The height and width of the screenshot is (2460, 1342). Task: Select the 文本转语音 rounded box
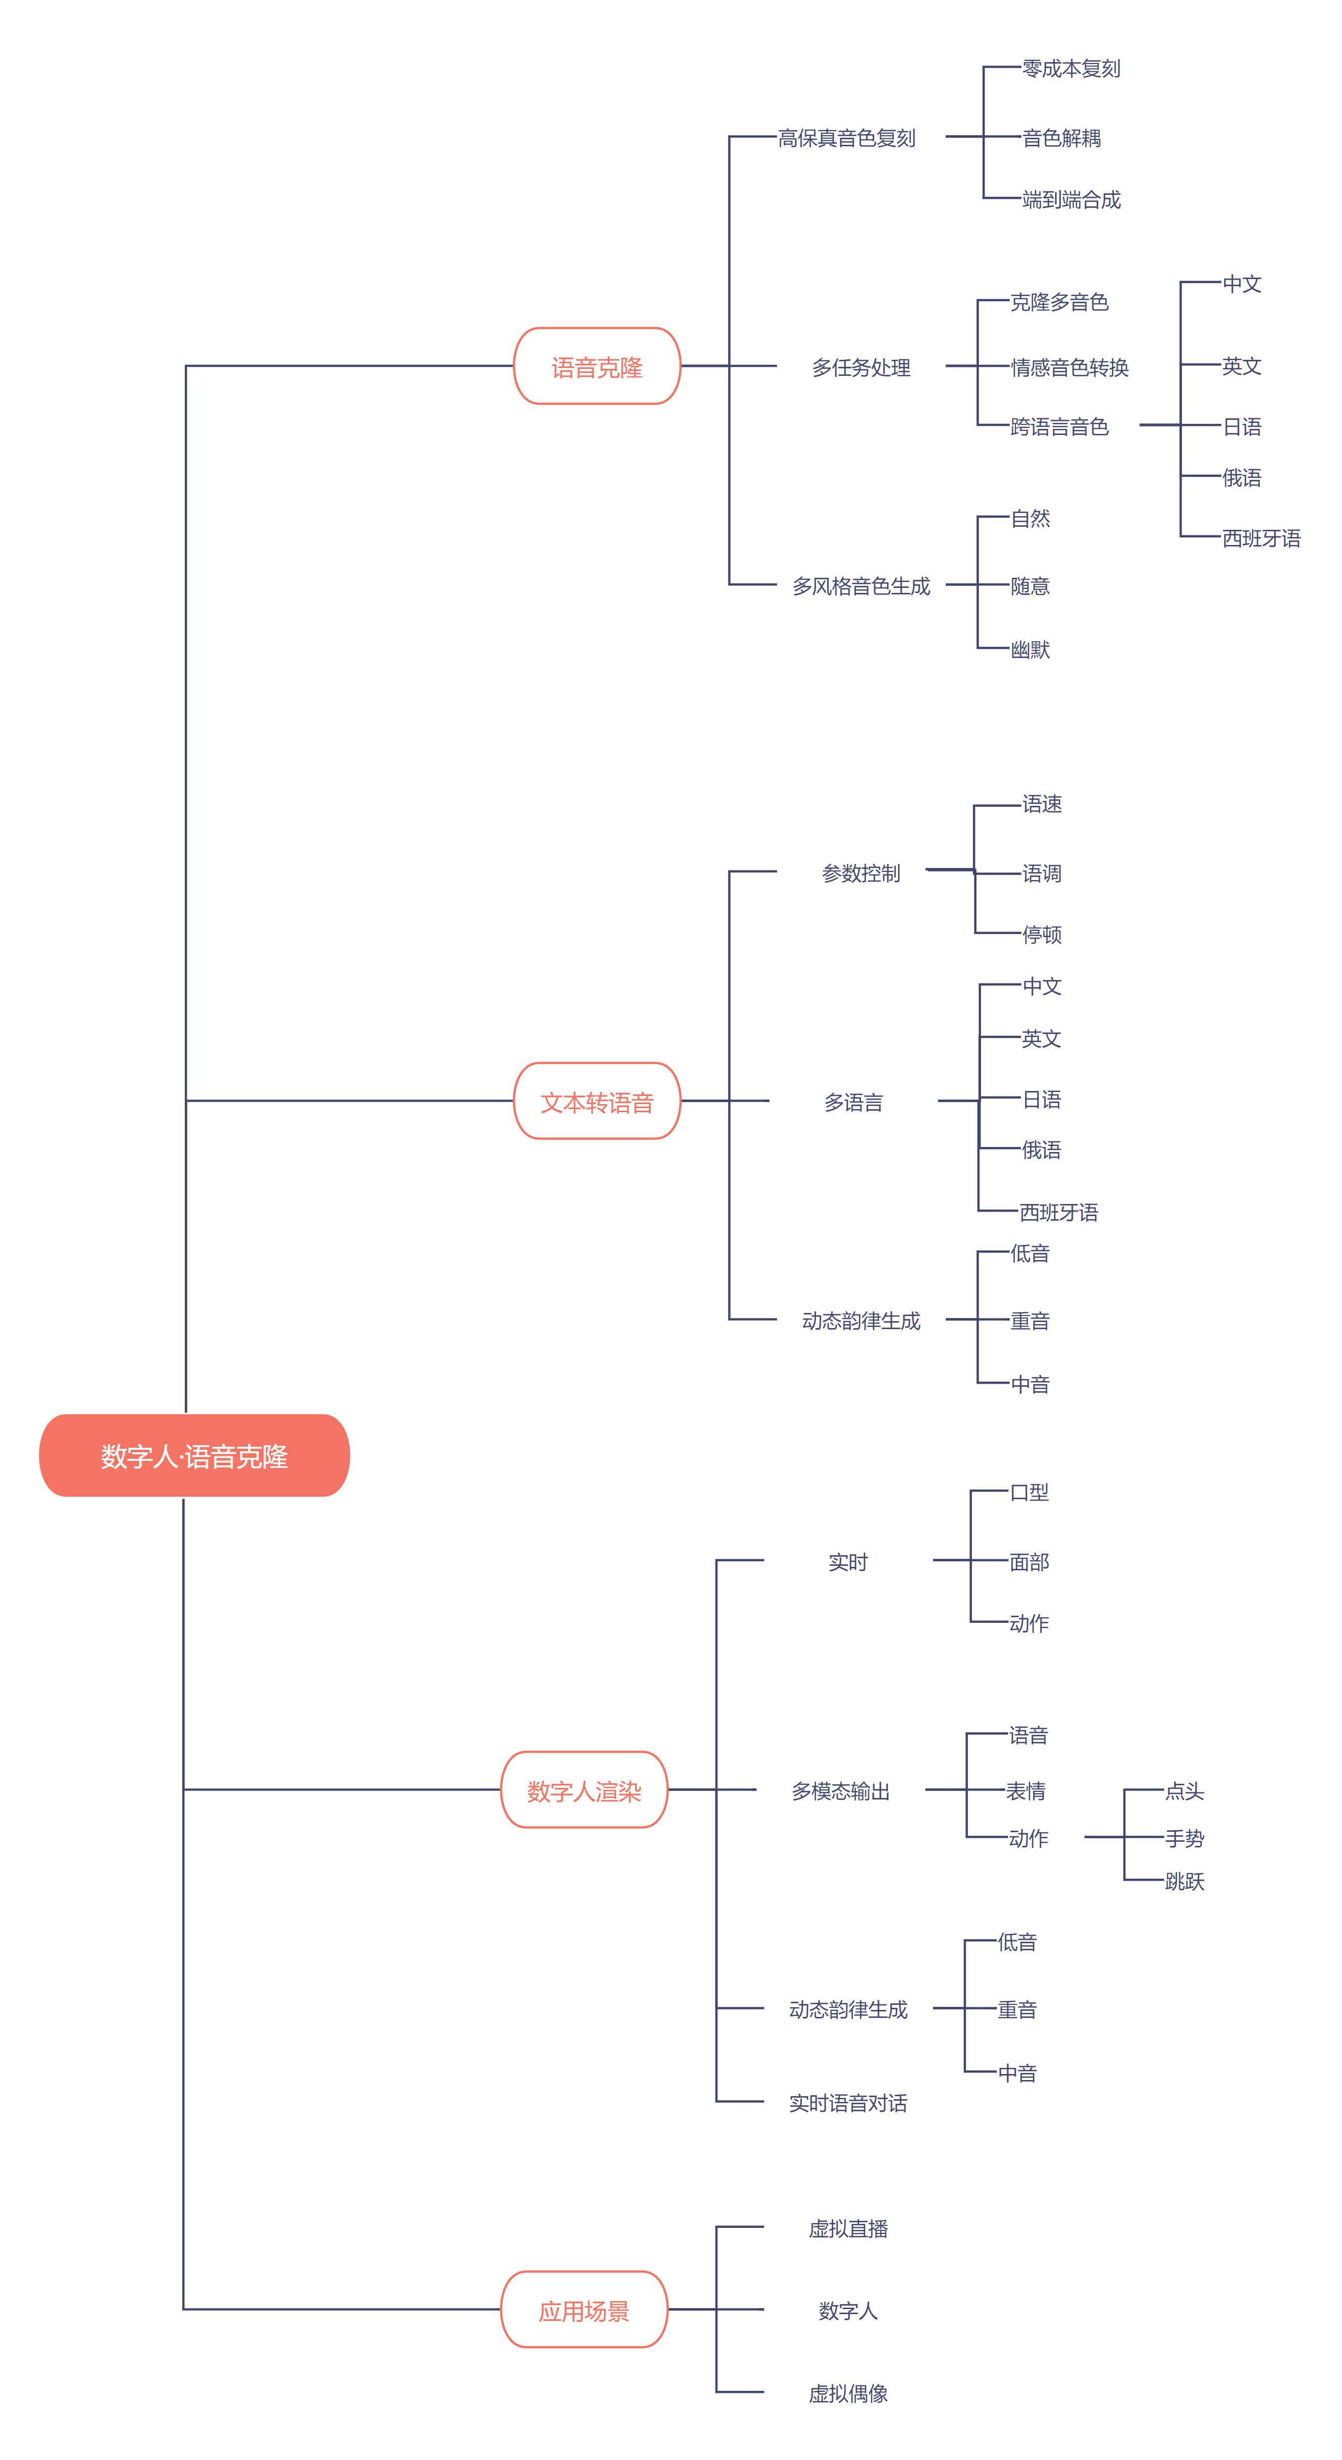pyautogui.click(x=597, y=1102)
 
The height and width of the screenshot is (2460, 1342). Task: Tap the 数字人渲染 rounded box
pyautogui.click(x=584, y=1790)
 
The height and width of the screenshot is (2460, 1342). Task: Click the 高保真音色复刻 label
pyautogui.click(x=846, y=138)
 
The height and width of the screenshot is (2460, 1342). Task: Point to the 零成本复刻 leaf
pyautogui.click(x=1071, y=69)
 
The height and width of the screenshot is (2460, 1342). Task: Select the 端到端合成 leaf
pyautogui.click(x=1071, y=200)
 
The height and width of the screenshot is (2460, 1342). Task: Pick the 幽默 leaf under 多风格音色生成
pyautogui.click(x=1029, y=649)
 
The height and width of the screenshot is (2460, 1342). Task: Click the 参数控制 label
pyautogui.click(x=861, y=873)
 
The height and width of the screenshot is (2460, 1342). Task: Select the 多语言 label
pyautogui.click(x=853, y=1102)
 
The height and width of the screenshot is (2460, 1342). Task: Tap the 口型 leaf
pyautogui.click(x=1028, y=1492)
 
